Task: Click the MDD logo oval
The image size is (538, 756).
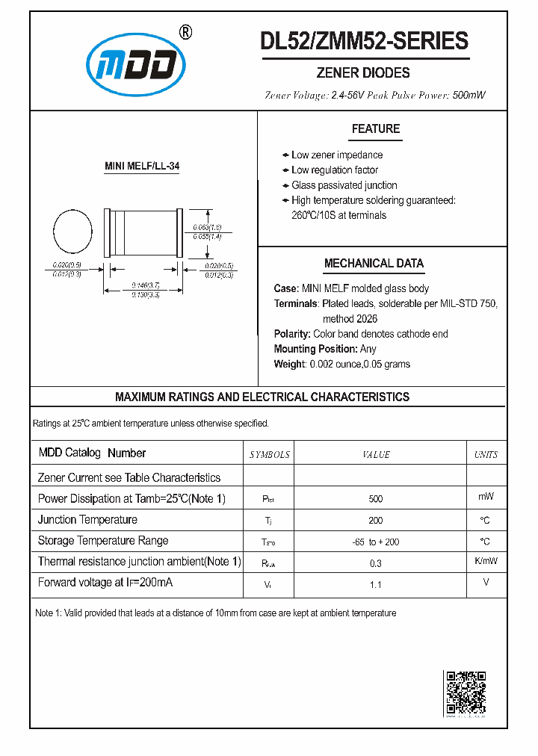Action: coord(135,68)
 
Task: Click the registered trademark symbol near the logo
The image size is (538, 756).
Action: coord(186,32)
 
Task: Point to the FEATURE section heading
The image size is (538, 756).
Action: coord(376,129)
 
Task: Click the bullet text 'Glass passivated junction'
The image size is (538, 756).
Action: coord(344,185)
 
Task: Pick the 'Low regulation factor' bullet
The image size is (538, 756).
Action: coord(335,170)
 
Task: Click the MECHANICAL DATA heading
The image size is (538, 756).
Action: coord(374,264)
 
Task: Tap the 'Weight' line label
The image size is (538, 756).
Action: coord(290,364)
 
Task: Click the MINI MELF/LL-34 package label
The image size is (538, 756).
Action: coord(141,167)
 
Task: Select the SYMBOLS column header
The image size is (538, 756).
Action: coord(269,454)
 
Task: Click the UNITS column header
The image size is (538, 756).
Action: coord(486,454)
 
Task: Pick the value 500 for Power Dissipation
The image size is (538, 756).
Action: coord(376,498)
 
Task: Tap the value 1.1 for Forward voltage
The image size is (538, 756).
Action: coord(376,584)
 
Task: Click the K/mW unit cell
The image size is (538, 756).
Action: coord(486,561)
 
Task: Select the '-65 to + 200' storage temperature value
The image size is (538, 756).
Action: coord(376,542)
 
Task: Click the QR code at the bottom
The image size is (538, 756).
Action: coord(466,693)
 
